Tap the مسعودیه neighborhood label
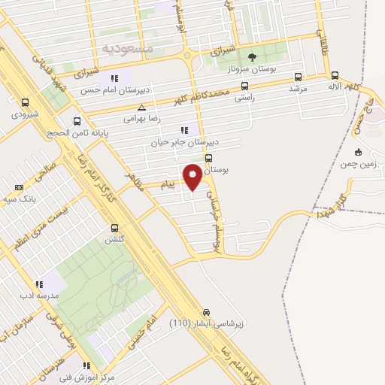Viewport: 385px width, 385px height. [127, 47]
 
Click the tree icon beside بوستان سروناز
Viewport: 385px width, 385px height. [253, 57]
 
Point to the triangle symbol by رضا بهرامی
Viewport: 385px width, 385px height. [153, 108]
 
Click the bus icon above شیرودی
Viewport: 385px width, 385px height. [26, 103]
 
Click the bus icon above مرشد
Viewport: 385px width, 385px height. [299, 76]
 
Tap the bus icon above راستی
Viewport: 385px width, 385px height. [244, 86]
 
